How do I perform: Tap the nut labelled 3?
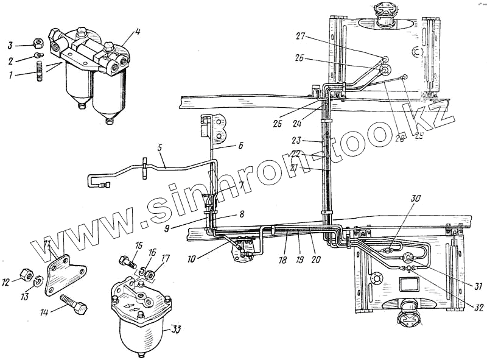point(37,44)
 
